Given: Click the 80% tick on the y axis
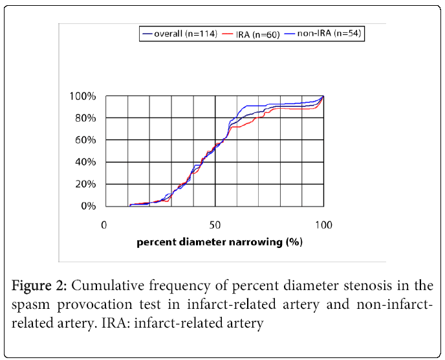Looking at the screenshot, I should (85, 118).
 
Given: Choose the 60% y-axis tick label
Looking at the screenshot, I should (85, 141).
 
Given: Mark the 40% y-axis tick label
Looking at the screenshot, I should (85, 163).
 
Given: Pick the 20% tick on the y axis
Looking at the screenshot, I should (85, 185).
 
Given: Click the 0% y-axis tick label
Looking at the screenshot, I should (88, 207).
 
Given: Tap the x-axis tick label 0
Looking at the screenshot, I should (103, 225).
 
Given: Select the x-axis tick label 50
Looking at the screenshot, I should (215, 225).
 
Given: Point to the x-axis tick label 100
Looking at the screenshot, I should (323, 225).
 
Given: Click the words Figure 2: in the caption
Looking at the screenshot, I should (42, 287).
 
